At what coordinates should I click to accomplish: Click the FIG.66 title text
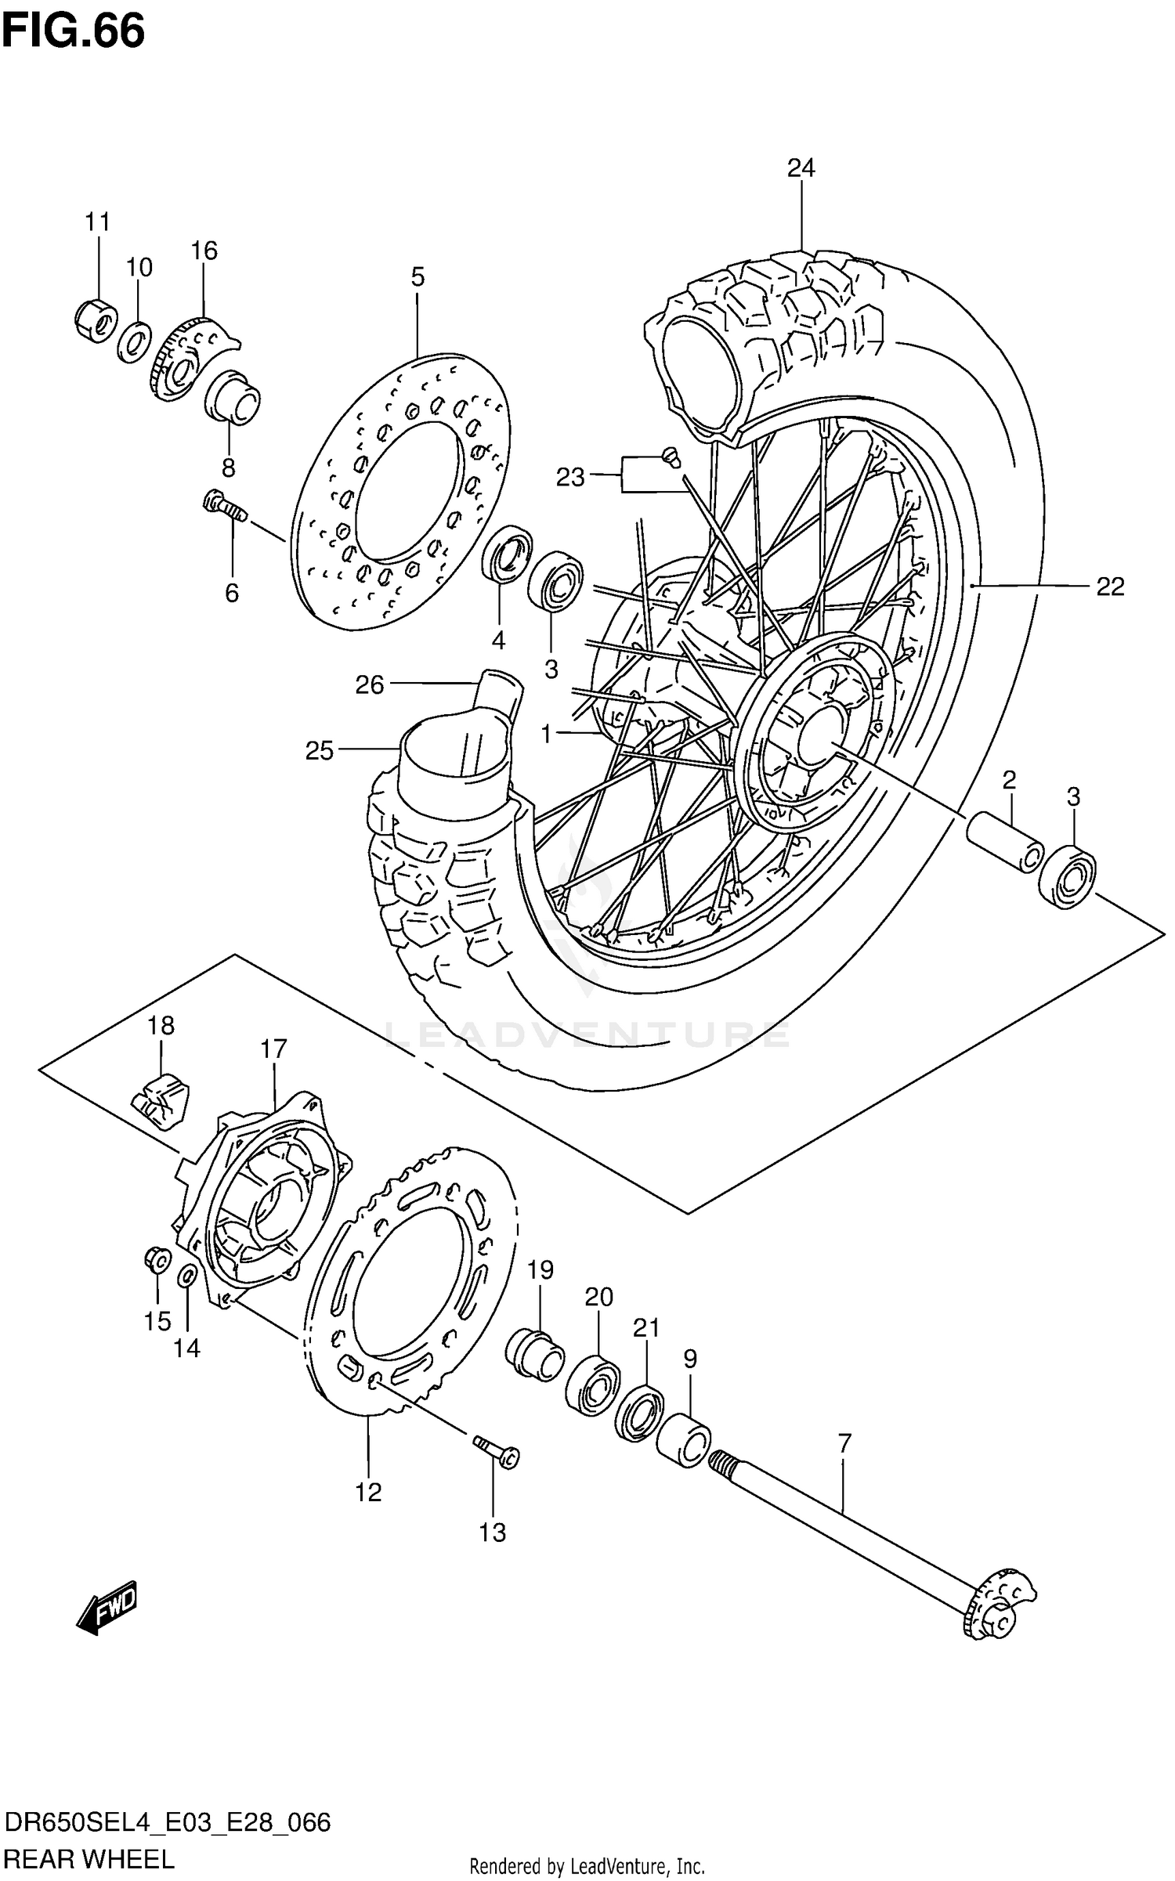coord(73,31)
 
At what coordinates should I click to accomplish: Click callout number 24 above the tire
coord(801,168)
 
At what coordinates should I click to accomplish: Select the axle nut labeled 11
coord(96,320)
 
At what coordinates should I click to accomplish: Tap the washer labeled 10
coord(136,341)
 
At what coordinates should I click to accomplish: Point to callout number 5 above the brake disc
coord(418,276)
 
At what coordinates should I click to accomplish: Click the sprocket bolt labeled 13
coord(497,1451)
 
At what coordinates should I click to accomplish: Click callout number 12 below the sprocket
coord(368,1493)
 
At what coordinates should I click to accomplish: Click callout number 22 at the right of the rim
coord(1110,587)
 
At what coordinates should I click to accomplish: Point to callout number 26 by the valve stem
coord(370,685)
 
